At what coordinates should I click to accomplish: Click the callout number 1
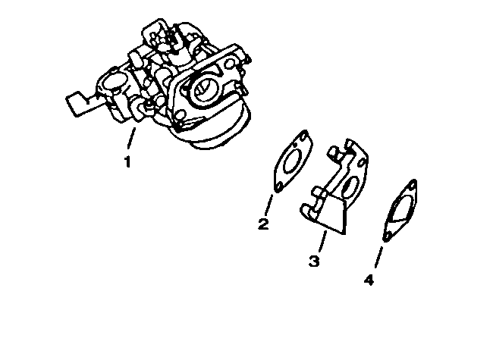point(127,161)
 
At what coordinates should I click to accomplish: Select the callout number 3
point(314,261)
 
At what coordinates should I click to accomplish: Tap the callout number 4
point(369,280)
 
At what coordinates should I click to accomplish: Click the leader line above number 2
point(268,204)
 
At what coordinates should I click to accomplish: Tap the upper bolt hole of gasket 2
point(305,139)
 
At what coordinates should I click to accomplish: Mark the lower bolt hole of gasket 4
point(388,236)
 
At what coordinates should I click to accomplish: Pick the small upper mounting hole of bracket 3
point(333,155)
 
